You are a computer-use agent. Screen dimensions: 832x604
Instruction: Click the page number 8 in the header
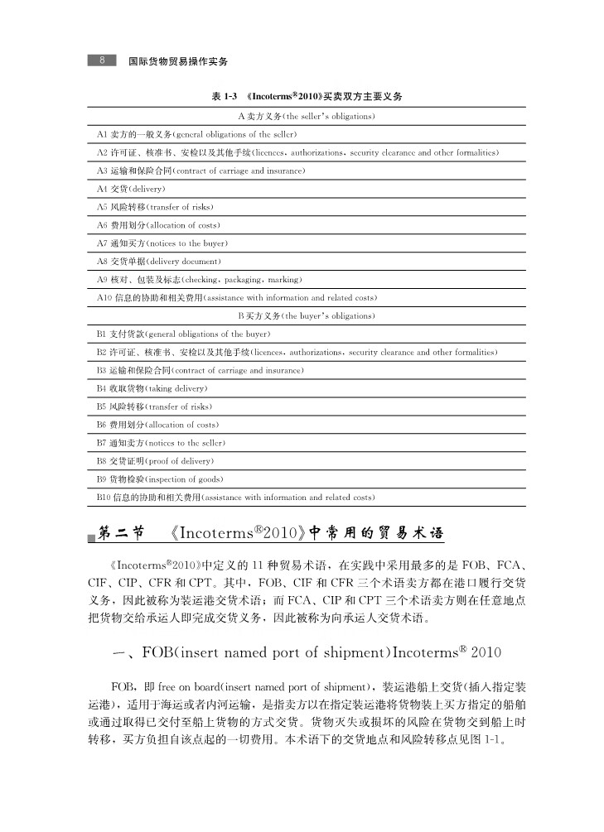pos(101,61)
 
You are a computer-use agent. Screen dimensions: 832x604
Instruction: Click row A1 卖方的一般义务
pos(197,134)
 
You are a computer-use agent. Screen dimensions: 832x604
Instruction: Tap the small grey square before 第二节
pos(92,539)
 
